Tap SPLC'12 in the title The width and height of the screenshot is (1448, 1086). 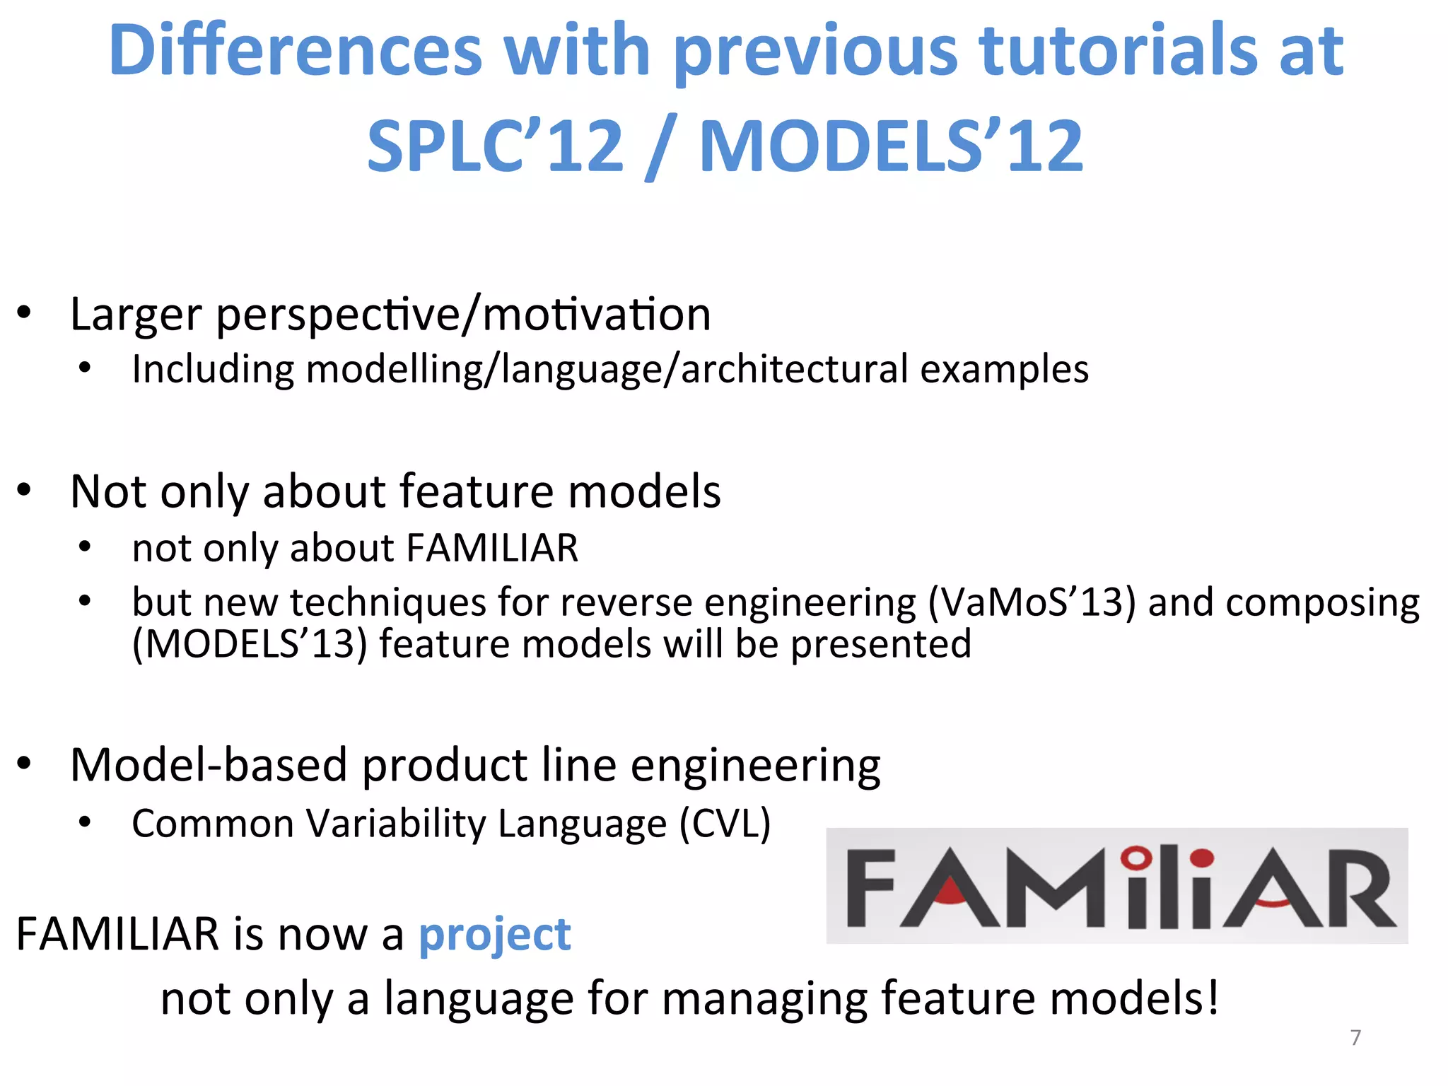tap(495, 146)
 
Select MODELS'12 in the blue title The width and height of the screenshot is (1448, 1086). tap(891, 146)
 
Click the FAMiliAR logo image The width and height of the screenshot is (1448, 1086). tap(1117, 885)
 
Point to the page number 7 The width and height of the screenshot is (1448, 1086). tap(1355, 1037)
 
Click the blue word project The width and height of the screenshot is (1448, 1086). tap(494, 935)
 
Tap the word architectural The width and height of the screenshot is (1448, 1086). tap(794, 369)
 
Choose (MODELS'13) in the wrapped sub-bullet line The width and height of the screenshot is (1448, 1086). tap(250, 644)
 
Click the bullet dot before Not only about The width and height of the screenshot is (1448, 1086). tap(25, 490)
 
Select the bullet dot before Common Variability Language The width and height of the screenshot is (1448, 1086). tap(85, 822)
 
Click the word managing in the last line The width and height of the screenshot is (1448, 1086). tap(764, 998)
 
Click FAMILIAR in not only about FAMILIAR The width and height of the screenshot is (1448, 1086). tap(492, 548)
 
